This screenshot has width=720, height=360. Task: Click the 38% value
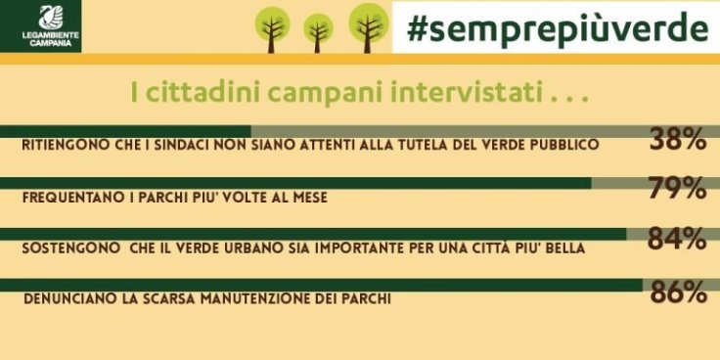677,142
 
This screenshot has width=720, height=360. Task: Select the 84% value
677,239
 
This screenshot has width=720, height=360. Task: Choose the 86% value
677,292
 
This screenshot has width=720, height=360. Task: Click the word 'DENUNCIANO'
67,299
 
